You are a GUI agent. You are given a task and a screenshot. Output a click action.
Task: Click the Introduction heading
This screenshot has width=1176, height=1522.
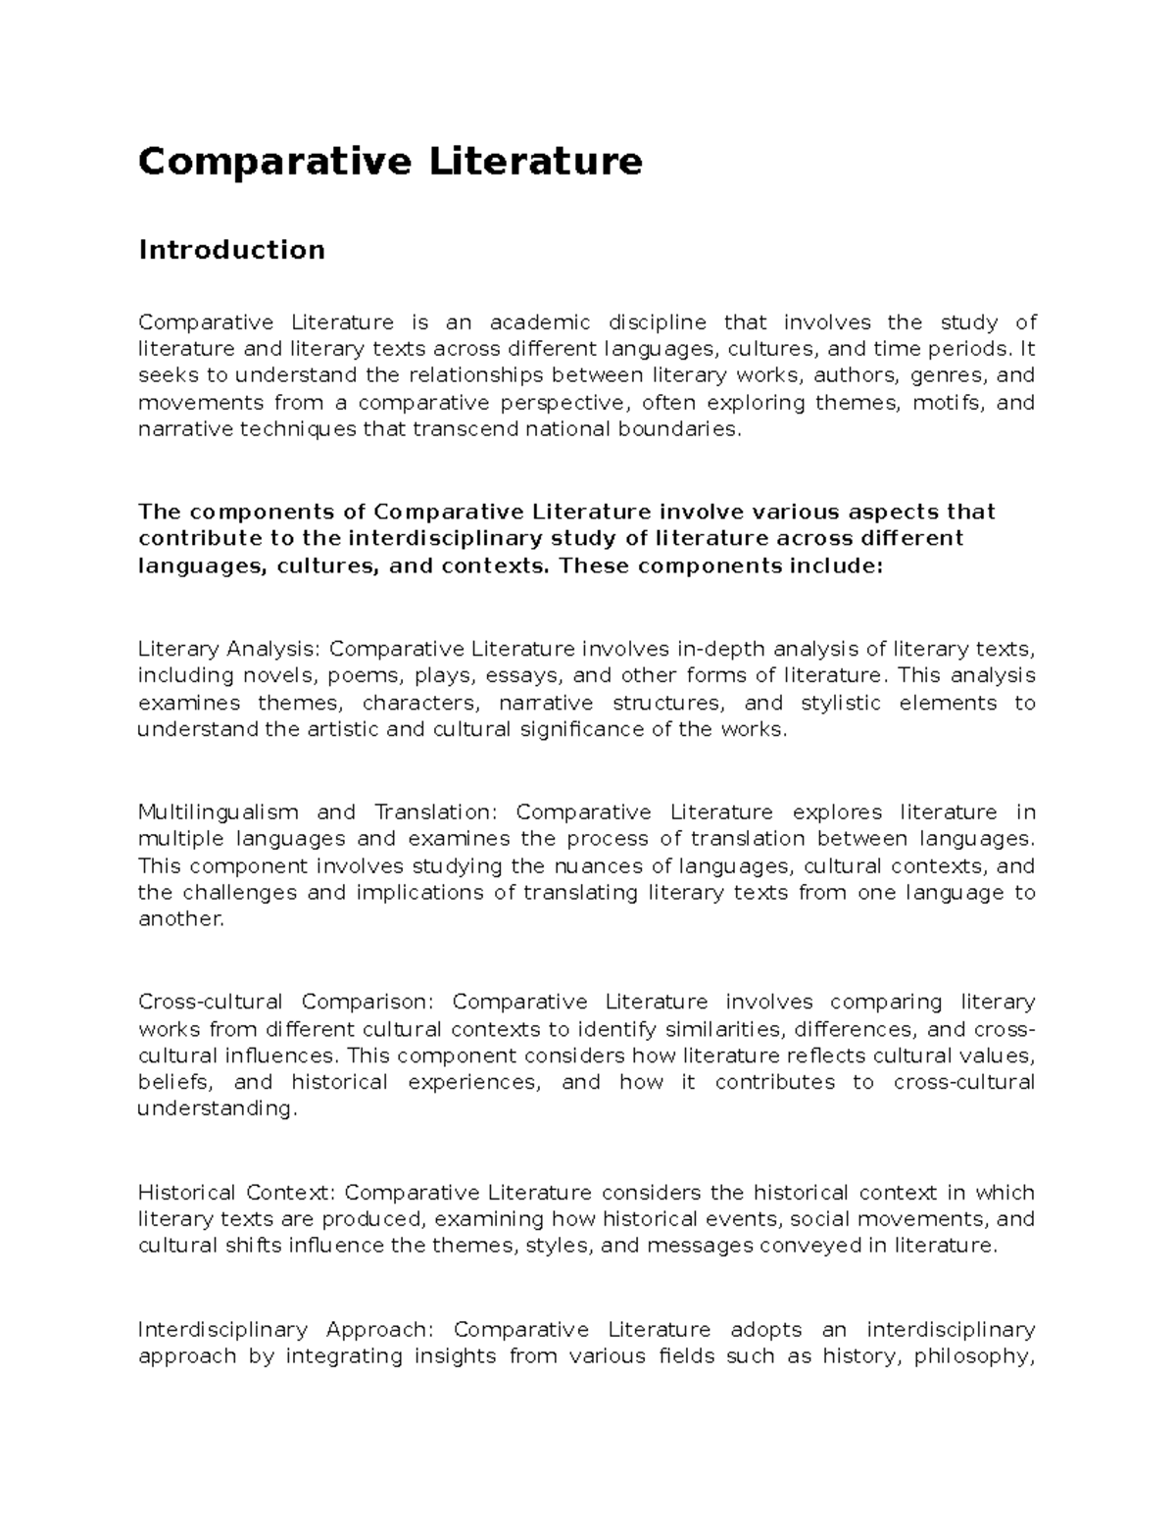[x=231, y=250]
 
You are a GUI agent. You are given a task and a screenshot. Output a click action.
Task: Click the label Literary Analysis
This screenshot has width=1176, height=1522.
[x=228, y=649]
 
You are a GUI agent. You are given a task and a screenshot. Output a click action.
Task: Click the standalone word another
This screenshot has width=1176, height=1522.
[x=180, y=919]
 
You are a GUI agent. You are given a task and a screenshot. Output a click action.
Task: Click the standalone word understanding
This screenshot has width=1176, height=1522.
[x=215, y=1109]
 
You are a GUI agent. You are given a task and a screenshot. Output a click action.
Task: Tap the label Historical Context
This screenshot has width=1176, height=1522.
[x=236, y=1193]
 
